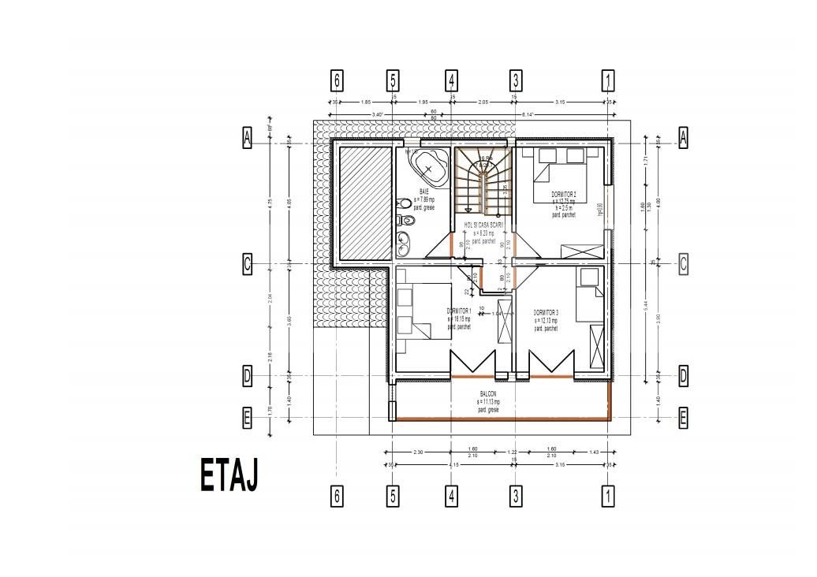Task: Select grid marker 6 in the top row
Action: point(338,80)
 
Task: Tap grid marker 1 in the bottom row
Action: point(608,496)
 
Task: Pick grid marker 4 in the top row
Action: point(452,80)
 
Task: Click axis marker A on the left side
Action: point(247,138)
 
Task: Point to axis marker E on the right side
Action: point(683,419)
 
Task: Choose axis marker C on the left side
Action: point(247,265)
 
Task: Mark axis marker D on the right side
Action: point(683,376)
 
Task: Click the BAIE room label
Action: point(424,192)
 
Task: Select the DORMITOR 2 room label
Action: point(563,194)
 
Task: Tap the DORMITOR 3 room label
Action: point(546,312)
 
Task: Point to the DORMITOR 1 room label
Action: point(458,311)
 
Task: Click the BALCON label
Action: point(488,393)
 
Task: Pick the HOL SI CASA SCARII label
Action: point(483,225)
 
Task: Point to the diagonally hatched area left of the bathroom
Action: point(365,203)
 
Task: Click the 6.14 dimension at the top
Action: point(528,115)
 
